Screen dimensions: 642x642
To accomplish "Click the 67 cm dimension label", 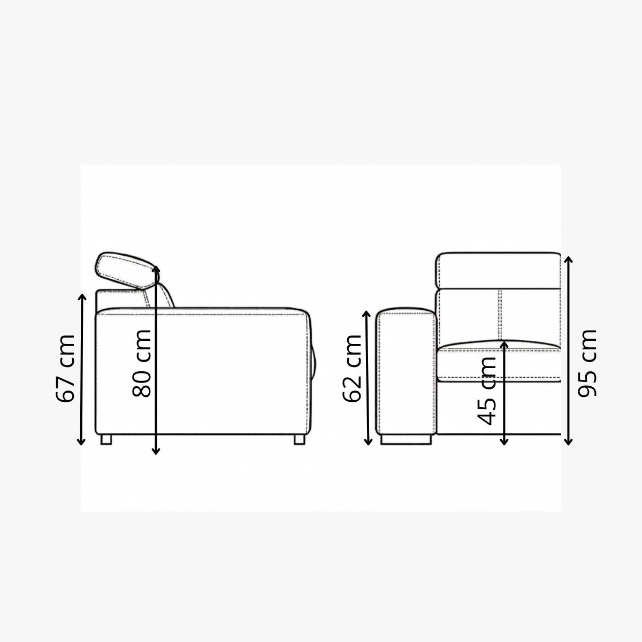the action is coord(65,368).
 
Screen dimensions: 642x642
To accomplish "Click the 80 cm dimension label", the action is coord(142,363).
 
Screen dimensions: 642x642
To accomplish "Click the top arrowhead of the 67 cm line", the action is coord(82,296).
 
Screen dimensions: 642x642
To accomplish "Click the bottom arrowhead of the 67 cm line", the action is coord(81,442).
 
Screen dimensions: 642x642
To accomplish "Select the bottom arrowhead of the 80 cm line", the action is coord(156,451).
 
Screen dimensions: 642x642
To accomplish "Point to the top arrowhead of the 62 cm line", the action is coord(367,314).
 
